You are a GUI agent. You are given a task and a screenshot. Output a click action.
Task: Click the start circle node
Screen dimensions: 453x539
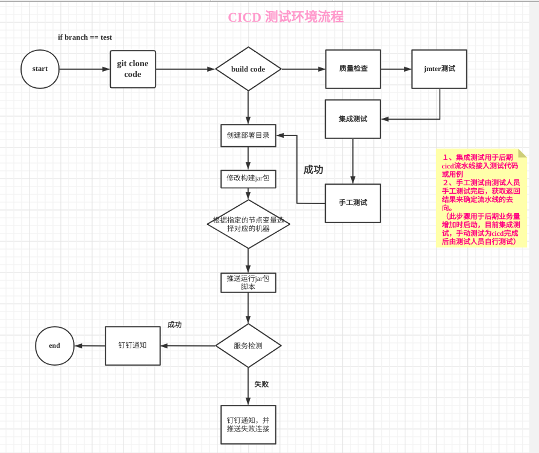40,69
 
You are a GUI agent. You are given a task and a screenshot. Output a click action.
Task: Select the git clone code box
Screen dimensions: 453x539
132,69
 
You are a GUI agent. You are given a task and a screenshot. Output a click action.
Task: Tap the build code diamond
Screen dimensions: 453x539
248,69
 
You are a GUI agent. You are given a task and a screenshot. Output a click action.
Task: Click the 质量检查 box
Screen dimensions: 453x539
353,69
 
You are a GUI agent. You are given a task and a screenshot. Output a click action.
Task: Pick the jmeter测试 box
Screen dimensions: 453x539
439,69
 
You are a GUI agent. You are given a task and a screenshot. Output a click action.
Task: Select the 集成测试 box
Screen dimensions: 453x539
353,119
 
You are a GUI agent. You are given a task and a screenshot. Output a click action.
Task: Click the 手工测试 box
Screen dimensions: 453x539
353,203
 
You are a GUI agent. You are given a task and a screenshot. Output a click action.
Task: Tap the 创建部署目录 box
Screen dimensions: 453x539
248,135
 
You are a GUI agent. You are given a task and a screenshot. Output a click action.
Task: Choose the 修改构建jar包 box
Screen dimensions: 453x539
248,179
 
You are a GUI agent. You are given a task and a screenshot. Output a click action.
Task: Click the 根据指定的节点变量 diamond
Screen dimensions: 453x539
248,224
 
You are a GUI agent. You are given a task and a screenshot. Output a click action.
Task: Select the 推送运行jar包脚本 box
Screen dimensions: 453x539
248,283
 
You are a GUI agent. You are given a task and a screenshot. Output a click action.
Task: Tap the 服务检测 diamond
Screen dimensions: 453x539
248,346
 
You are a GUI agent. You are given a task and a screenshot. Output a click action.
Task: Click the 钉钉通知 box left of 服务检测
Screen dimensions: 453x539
132,346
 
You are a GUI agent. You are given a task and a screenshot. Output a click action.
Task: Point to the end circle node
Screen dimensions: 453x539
55,346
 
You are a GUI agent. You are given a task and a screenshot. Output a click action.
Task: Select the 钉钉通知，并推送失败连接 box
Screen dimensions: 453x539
248,425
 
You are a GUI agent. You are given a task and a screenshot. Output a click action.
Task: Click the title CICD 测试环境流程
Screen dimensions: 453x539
285,17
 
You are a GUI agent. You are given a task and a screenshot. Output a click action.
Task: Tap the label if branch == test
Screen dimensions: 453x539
85,37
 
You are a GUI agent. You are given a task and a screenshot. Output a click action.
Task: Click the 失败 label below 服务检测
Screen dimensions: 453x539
261,384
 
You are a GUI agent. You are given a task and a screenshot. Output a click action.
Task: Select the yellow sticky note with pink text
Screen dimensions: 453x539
481,199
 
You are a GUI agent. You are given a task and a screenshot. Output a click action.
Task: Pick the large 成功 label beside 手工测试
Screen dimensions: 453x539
313,170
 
